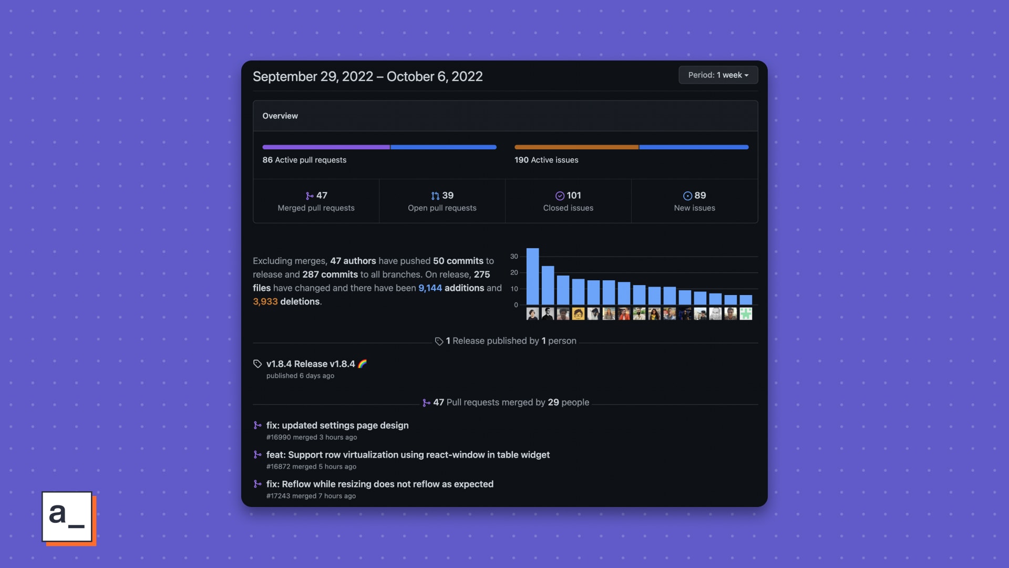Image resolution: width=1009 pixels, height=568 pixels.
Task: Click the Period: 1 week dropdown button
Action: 718,75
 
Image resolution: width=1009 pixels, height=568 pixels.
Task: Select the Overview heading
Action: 280,116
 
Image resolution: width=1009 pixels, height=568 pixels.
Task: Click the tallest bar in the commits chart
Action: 532,276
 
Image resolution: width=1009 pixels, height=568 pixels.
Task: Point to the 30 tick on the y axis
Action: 514,257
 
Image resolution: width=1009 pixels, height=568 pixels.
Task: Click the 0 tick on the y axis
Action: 516,305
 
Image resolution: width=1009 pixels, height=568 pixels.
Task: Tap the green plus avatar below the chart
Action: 746,314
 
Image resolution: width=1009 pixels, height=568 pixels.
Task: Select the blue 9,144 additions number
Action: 430,288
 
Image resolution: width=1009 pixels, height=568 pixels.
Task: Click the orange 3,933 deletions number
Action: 265,302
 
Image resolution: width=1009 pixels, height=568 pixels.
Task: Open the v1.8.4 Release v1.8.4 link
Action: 311,364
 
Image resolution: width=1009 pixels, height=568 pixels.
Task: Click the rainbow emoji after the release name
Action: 362,364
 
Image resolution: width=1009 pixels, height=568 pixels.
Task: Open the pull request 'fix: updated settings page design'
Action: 337,425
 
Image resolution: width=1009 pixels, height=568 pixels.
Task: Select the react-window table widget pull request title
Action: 408,455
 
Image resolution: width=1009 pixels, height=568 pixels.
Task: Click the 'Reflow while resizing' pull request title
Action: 379,484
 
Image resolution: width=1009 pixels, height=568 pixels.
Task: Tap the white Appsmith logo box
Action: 67,516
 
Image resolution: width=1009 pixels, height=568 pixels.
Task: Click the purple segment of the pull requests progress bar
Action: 326,147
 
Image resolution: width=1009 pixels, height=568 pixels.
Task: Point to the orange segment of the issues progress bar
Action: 576,147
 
